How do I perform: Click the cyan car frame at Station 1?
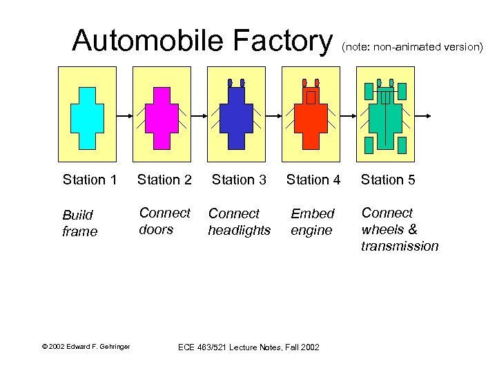(x=87, y=117)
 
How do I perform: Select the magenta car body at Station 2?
(x=162, y=117)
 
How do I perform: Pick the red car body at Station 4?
(x=311, y=121)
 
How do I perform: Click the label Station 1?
(x=89, y=180)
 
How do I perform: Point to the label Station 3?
(x=239, y=180)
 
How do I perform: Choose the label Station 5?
(x=388, y=180)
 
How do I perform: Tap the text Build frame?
(x=79, y=223)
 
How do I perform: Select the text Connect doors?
(x=164, y=221)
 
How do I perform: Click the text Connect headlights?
(x=239, y=222)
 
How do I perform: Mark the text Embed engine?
(x=312, y=222)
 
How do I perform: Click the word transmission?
(x=400, y=246)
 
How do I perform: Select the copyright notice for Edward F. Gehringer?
(x=86, y=346)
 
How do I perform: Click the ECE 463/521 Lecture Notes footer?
(x=248, y=347)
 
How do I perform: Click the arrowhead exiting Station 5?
(x=429, y=115)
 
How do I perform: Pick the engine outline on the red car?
(x=311, y=97)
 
